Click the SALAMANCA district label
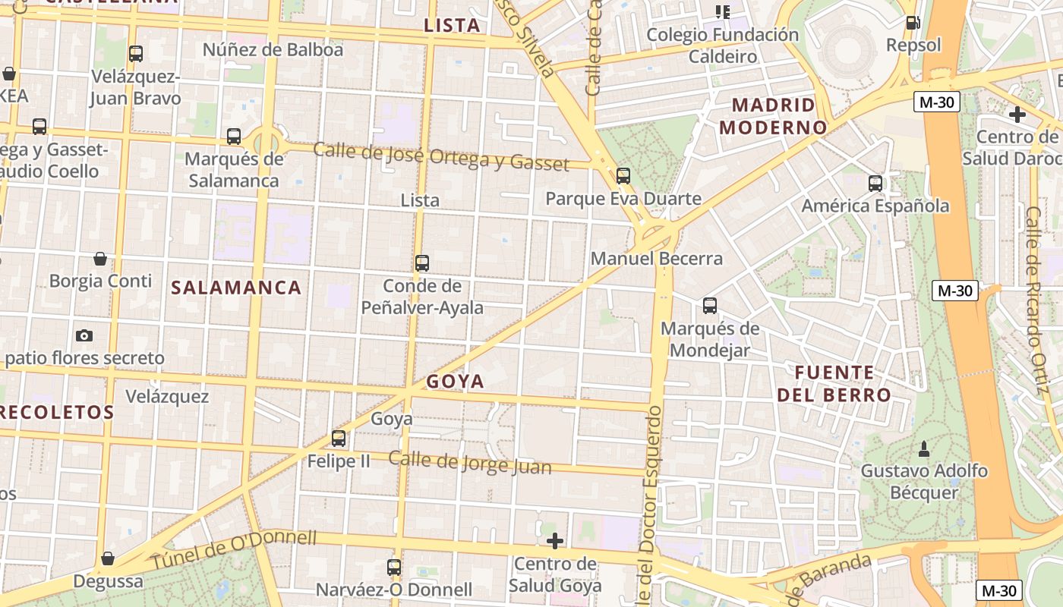pyautogui.click(x=236, y=288)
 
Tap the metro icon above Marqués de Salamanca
pyautogui.click(x=234, y=137)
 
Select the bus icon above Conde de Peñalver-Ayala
pyautogui.click(x=422, y=263)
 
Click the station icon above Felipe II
pyautogui.click(x=339, y=438)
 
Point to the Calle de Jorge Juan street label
pyautogui.click(x=470, y=462)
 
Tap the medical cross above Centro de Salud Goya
pyautogui.click(x=555, y=541)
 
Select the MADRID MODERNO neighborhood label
pyautogui.click(x=772, y=116)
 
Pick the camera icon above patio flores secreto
pyautogui.click(x=84, y=335)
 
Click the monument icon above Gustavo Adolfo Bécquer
pyautogui.click(x=924, y=448)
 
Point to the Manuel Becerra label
pyautogui.click(x=657, y=259)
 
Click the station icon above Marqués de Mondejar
pyautogui.click(x=710, y=306)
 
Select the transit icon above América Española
pyautogui.click(x=875, y=183)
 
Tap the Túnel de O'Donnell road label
pyautogui.click(x=233, y=550)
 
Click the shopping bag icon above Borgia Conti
pyautogui.click(x=100, y=259)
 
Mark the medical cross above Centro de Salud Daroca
pyautogui.click(x=1017, y=115)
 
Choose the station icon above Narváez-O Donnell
pyautogui.click(x=394, y=567)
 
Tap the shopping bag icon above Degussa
pyautogui.click(x=108, y=558)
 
